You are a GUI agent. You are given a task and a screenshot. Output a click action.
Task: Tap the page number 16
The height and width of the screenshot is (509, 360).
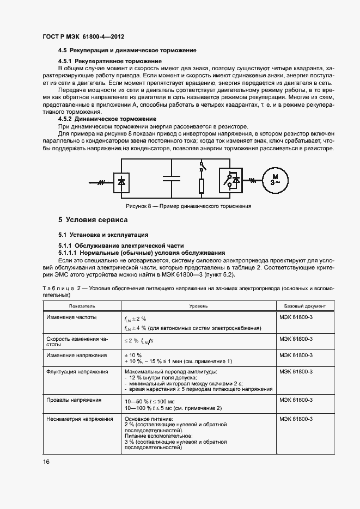[x=46, y=462]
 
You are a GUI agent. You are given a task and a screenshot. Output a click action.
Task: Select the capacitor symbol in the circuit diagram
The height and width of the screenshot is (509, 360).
[x=171, y=179]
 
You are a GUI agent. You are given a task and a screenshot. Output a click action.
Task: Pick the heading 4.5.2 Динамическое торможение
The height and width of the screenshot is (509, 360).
[x=107, y=118]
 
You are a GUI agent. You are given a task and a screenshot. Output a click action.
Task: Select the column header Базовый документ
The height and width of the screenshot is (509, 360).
[x=301, y=306]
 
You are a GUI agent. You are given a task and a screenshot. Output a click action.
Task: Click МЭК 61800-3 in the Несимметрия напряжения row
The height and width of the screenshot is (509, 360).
[x=295, y=419]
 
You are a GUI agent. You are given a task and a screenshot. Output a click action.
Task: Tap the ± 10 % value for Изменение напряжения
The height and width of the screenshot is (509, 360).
[x=133, y=354]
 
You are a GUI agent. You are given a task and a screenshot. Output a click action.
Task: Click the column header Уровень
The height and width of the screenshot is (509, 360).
[x=198, y=306]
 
